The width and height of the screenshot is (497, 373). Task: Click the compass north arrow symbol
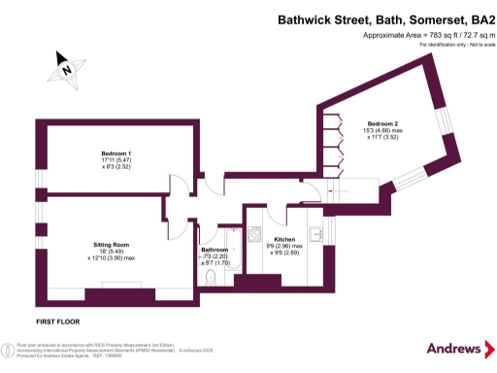tap(63, 67)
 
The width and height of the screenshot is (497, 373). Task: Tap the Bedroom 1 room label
tap(116, 153)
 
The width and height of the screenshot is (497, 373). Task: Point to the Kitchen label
tap(284, 239)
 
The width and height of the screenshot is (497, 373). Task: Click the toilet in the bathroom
tap(211, 277)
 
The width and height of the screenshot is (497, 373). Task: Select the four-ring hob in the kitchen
tap(254, 234)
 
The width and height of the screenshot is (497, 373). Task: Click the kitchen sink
tap(315, 234)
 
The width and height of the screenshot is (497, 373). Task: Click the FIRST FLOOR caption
tap(57, 320)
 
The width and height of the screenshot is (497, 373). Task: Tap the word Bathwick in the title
tap(305, 18)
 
